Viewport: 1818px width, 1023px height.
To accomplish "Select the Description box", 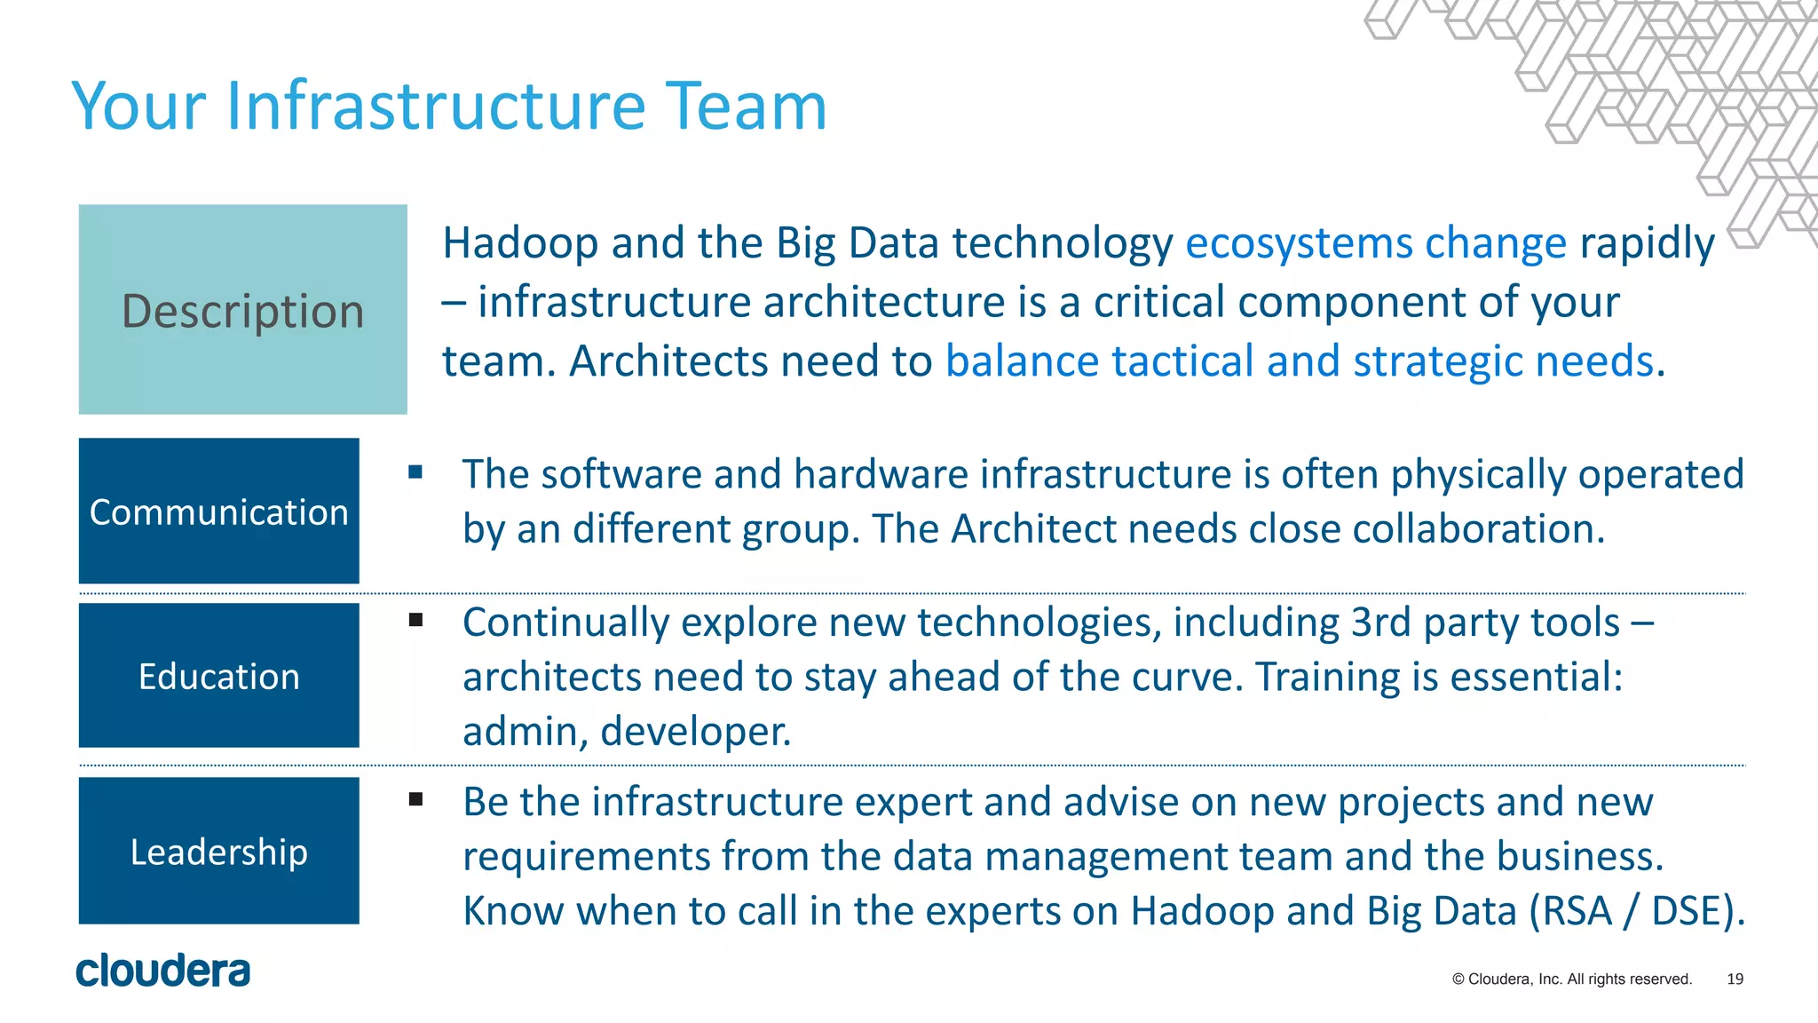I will tap(242, 309).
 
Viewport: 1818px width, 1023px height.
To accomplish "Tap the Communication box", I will tap(218, 511).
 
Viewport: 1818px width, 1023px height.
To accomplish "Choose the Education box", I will tap(218, 676).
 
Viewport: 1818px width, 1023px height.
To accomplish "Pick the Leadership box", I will tap(218, 851).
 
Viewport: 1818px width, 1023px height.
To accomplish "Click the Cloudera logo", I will tap(163, 971).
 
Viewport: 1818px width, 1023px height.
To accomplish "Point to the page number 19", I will tap(1735, 979).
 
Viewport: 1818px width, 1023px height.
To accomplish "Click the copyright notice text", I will tap(1572, 979).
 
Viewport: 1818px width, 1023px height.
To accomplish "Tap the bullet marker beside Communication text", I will tap(415, 472).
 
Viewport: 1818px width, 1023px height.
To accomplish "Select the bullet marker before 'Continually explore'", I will tap(415, 620).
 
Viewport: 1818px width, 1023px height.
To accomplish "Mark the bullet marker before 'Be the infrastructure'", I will tap(415, 799).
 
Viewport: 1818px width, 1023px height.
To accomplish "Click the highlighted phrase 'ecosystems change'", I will tap(1375, 243).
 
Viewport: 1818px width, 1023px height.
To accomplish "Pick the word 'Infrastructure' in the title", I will tap(435, 107).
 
